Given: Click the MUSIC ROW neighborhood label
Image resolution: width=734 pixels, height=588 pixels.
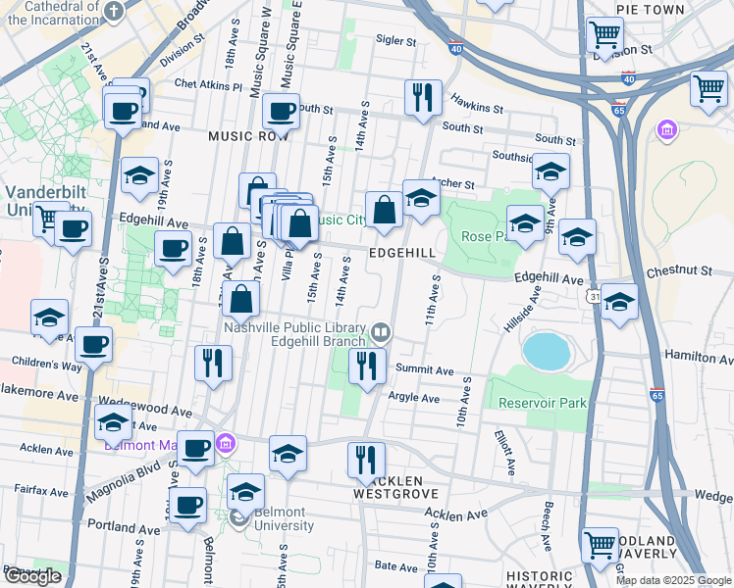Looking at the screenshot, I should tap(249, 137).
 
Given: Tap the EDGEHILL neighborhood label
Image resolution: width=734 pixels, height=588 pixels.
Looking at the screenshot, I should tap(401, 252).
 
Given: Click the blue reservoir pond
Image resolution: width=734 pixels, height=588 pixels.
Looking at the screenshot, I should tap(547, 351).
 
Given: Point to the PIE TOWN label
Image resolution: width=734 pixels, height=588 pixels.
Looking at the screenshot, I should tap(651, 9).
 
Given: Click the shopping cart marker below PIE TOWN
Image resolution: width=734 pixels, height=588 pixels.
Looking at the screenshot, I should tap(604, 35).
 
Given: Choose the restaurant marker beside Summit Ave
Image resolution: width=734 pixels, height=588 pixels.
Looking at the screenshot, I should tap(367, 367).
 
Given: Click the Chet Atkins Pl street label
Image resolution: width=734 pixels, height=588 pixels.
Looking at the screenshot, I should tap(208, 85).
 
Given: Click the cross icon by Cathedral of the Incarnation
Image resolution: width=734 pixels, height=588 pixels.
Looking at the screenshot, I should tap(114, 11).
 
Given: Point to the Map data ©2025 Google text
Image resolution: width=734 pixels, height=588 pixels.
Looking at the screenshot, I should tap(672, 580).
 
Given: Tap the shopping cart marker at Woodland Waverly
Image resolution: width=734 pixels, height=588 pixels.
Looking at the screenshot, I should tap(600, 545).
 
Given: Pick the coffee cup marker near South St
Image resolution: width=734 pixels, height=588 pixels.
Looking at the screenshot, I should tap(282, 113).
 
